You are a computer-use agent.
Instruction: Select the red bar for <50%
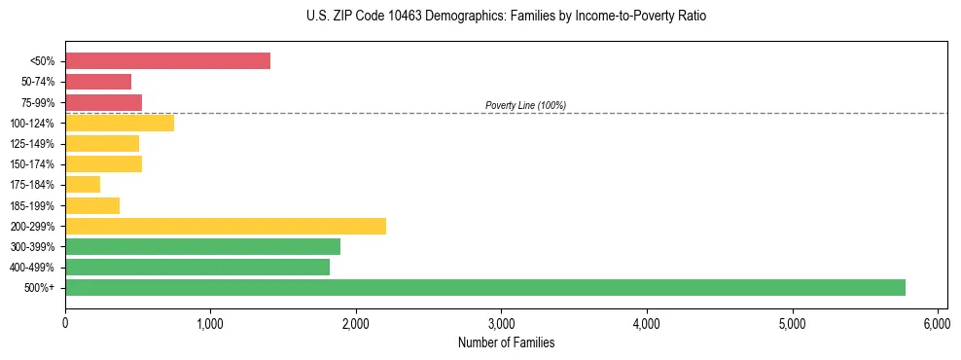pos(167,61)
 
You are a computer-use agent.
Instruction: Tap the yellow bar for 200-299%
pos(226,226)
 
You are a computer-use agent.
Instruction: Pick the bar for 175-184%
pos(83,185)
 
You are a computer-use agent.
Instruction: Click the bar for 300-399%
pos(202,246)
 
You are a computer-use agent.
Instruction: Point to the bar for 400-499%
pos(197,267)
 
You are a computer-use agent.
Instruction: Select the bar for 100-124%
pos(120,123)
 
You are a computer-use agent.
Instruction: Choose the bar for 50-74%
pos(98,82)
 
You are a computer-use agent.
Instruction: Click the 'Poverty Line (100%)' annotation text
pos(525,105)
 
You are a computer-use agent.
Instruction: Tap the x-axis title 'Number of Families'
pos(506,342)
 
